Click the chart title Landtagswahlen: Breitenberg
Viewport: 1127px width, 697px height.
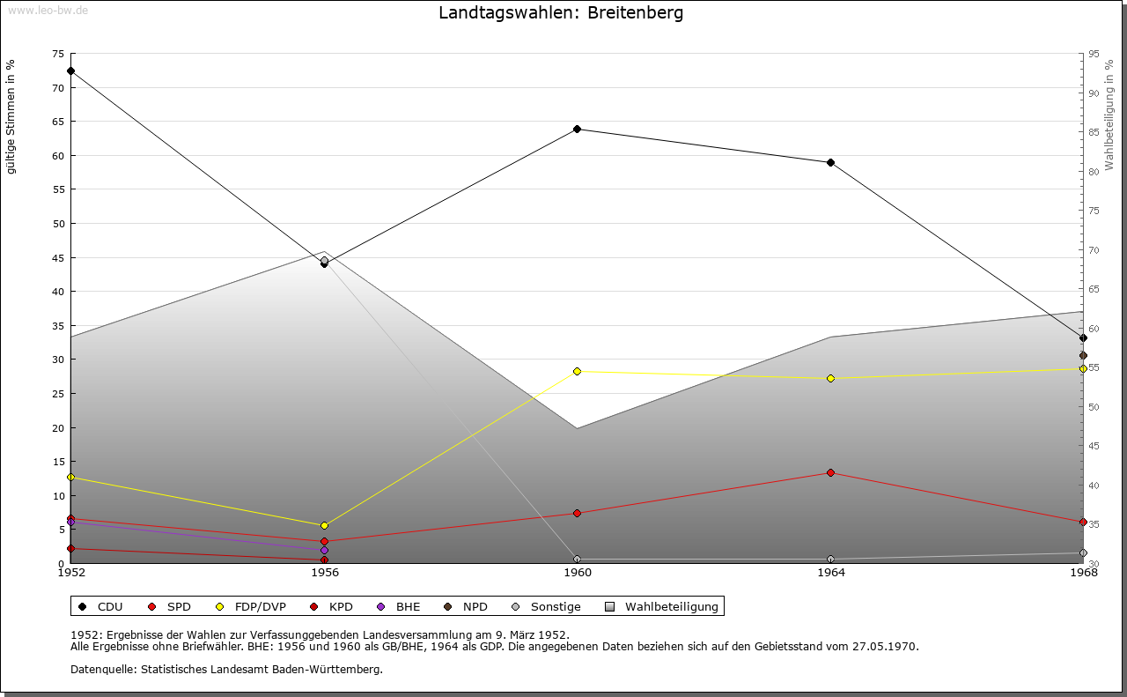click(561, 13)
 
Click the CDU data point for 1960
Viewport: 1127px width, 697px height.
click(578, 130)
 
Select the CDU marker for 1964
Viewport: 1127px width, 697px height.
click(830, 163)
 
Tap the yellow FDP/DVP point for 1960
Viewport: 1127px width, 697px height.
click(578, 372)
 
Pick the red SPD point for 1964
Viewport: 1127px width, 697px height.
click(830, 473)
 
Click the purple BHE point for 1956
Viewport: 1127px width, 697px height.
click(325, 551)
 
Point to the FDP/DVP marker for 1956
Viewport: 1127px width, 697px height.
click(325, 526)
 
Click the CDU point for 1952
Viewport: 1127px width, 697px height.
click(71, 71)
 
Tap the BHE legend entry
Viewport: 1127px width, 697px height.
click(400, 607)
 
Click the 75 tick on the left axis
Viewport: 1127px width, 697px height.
click(57, 54)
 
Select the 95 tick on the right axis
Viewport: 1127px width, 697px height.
click(1094, 54)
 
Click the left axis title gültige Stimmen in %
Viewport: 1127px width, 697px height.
click(11, 117)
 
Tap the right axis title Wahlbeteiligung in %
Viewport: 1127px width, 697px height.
click(1109, 115)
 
